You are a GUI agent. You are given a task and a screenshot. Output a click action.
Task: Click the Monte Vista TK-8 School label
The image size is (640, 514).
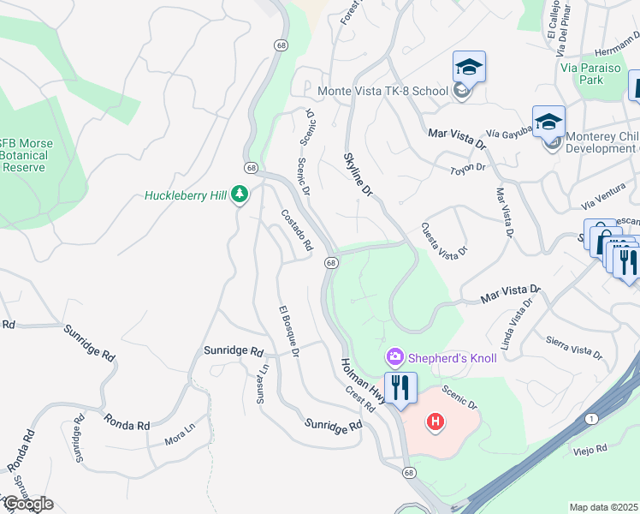[382, 91]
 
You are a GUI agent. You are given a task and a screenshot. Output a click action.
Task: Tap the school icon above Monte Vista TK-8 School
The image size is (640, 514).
[469, 67]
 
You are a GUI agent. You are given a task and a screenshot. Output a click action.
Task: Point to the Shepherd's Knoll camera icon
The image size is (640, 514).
[394, 356]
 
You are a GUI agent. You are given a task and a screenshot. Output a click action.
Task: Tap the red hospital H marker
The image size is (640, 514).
[436, 421]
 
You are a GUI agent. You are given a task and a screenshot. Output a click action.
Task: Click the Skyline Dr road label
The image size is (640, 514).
[359, 176]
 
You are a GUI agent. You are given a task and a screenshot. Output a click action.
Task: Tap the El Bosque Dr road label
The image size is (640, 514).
[288, 331]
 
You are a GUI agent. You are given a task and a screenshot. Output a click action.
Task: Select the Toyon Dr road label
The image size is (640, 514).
[467, 169]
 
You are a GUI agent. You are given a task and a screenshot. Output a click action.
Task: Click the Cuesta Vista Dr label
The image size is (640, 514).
[444, 239]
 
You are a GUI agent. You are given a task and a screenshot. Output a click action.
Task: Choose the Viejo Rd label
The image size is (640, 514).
[590, 448]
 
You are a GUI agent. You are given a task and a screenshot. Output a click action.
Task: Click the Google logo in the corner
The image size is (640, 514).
[27, 503]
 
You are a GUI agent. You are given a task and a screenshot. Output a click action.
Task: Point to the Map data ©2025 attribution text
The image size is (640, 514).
[603, 507]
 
